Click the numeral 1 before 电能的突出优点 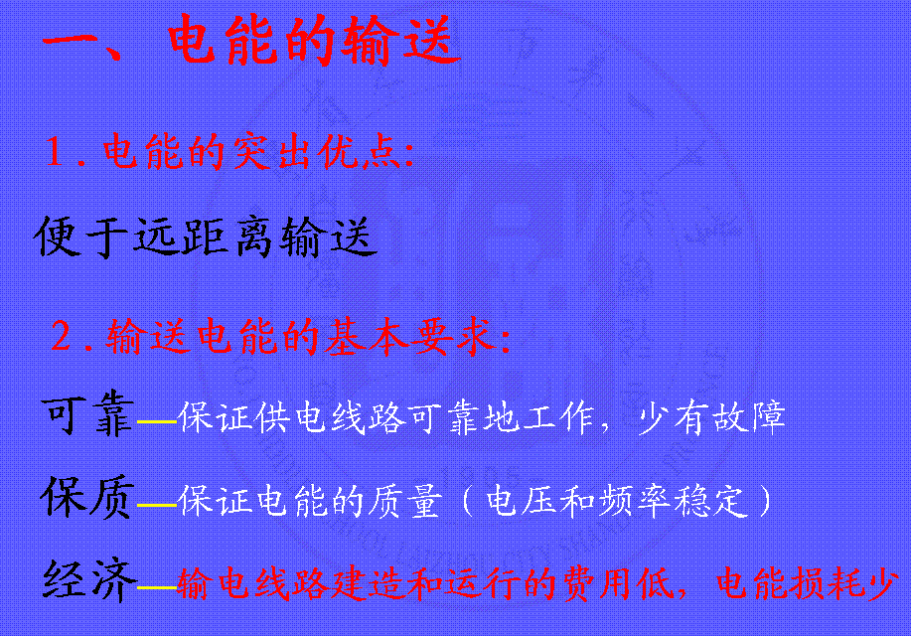pyautogui.click(x=56, y=151)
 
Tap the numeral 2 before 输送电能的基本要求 pyautogui.click(x=61, y=336)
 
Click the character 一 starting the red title pyautogui.click(x=70, y=42)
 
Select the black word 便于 pyautogui.click(x=81, y=237)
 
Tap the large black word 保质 pyautogui.click(x=87, y=497)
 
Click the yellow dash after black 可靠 pyautogui.click(x=157, y=420)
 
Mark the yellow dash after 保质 pyautogui.click(x=157, y=505)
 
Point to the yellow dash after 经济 pyautogui.click(x=157, y=587)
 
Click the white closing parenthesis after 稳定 pyautogui.click(x=766, y=500)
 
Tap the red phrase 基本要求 pyautogui.click(x=410, y=336)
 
